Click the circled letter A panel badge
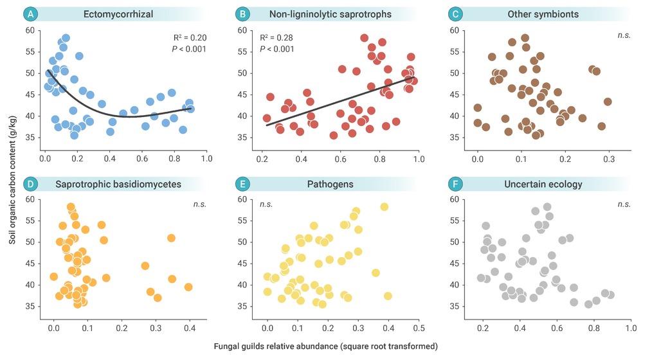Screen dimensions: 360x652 [30, 14]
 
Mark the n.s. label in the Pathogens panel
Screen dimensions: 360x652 [267, 204]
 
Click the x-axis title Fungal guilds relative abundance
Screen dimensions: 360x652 [327, 346]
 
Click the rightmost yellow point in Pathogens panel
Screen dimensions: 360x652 [388, 296]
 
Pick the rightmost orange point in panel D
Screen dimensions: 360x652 [188, 287]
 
